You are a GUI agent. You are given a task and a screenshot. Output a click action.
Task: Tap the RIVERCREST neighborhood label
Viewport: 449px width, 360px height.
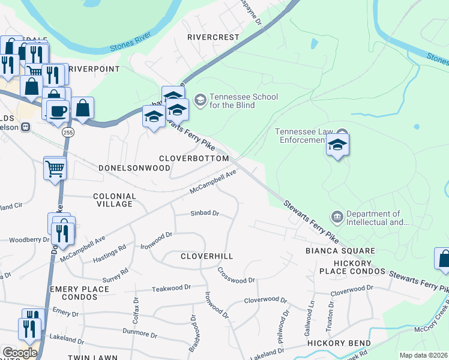point(212,37)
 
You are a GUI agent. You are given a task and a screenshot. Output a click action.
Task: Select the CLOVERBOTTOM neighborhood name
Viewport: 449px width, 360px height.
point(194,158)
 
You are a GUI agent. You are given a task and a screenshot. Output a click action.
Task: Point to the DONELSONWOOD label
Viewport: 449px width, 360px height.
point(134,169)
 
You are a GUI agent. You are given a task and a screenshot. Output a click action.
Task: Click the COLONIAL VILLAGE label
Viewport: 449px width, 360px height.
point(115,200)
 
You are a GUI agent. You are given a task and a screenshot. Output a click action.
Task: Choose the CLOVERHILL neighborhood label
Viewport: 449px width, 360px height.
point(207,256)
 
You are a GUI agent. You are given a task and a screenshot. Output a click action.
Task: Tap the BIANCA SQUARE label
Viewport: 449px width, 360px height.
point(340,251)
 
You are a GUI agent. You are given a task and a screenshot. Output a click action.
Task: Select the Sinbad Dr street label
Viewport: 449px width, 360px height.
point(205,213)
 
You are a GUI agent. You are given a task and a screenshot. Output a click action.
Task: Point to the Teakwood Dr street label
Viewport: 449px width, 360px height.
point(170,288)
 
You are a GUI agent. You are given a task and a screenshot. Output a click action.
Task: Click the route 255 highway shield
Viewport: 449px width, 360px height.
point(67,133)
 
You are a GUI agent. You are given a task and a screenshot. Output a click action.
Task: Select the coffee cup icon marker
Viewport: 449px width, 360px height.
point(58,110)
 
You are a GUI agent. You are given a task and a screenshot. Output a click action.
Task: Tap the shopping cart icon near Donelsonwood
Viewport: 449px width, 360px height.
point(55,169)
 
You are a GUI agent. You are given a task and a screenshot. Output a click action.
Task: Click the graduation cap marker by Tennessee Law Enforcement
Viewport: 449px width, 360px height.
point(338,145)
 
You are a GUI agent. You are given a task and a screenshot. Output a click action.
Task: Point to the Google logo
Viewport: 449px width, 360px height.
point(19,353)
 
